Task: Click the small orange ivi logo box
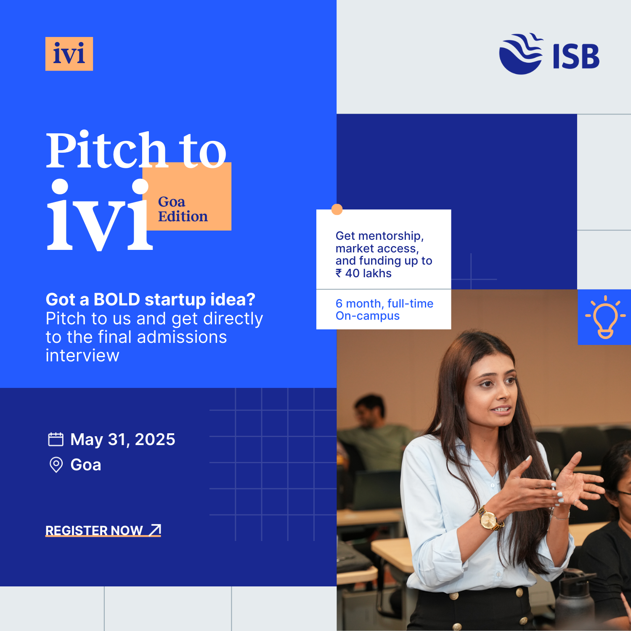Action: click(x=69, y=54)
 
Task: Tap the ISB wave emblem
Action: click(x=521, y=54)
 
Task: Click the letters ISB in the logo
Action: click(x=576, y=56)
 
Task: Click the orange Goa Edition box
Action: click(x=187, y=196)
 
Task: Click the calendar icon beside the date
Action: click(x=56, y=439)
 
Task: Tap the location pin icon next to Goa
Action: click(x=56, y=465)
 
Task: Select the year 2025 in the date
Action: click(x=155, y=439)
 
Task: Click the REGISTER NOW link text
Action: click(x=94, y=530)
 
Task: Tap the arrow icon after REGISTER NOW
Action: click(x=155, y=530)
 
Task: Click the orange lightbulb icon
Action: click(x=605, y=317)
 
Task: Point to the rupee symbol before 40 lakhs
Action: click(x=339, y=273)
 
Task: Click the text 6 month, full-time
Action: click(x=384, y=303)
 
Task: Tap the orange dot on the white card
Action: click(x=337, y=209)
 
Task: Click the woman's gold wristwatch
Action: click(x=489, y=519)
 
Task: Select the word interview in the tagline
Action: click(x=82, y=356)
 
